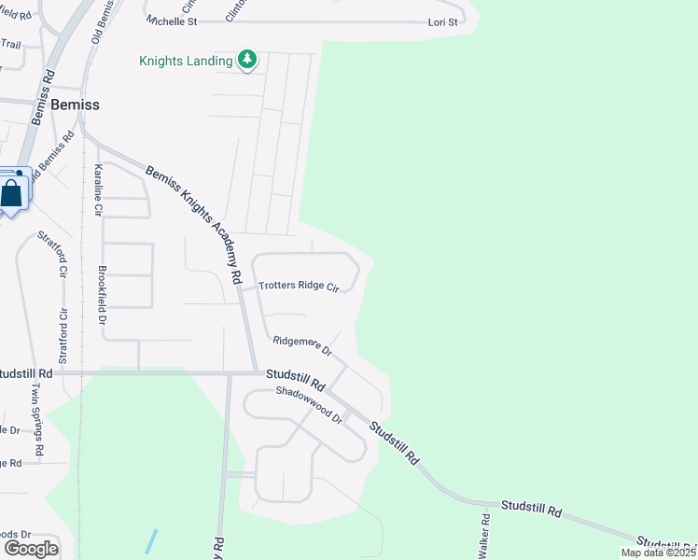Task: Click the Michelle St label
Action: tap(173, 21)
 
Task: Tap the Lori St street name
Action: tap(442, 21)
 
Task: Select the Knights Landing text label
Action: tap(186, 62)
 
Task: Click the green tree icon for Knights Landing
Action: tap(246, 61)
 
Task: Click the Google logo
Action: tap(30, 549)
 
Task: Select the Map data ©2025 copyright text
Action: tap(659, 553)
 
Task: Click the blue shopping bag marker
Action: tap(12, 193)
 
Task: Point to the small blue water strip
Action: tap(151, 541)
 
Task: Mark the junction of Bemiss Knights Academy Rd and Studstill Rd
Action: tap(255, 373)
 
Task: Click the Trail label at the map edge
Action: tap(10, 44)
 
